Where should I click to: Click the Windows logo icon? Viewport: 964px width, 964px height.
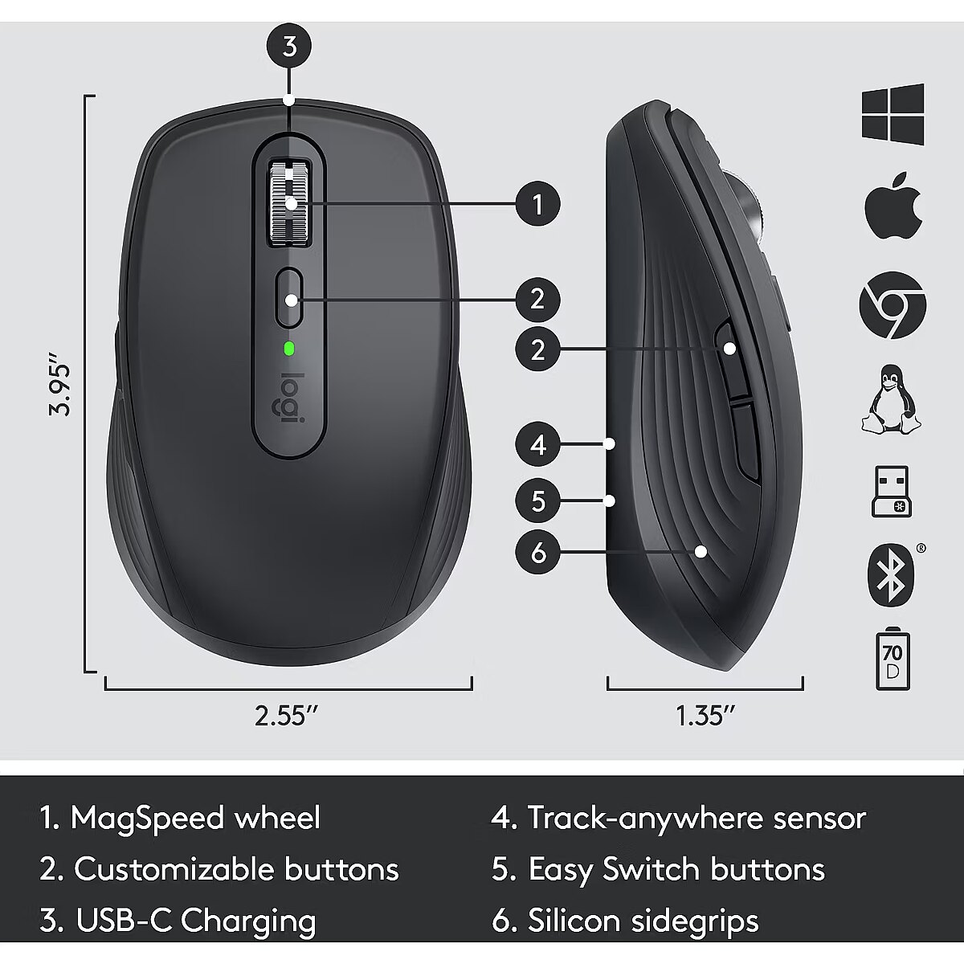click(893, 115)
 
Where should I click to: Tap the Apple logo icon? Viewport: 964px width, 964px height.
click(893, 205)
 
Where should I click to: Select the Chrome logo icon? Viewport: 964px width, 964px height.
click(893, 304)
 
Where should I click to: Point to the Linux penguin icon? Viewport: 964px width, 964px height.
click(891, 398)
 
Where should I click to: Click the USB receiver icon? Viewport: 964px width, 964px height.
click(892, 492)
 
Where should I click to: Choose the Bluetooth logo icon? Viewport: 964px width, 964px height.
click(891, 575)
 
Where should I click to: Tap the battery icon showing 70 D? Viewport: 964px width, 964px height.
click(893, 660)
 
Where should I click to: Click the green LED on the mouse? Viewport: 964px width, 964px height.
click(288, 348)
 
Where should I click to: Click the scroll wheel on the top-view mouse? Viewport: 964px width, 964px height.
click(290, 202)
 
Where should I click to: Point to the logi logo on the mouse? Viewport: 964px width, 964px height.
click(289, 398)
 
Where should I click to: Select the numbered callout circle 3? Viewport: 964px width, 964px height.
click(290, 47)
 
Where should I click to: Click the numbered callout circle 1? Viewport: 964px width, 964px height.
click(537, 203)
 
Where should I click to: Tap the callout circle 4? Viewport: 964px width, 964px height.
click(537, 444)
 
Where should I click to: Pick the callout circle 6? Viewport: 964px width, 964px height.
click(537, 552)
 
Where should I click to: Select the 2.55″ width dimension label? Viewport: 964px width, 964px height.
click(286, 716)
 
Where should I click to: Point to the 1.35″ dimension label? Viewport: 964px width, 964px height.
click(706, 716)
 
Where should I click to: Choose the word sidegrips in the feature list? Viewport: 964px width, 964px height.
click(694, 921)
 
